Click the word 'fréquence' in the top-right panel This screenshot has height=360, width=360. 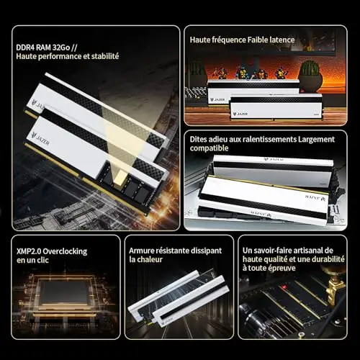click(229, 40)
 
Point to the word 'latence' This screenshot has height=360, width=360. click(282, 40)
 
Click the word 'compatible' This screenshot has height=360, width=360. click(209, 148)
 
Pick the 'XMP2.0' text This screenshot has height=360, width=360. click(29, 251)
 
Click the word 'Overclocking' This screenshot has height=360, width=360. click(65, 252)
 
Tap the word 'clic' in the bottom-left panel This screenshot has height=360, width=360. click(42, 260)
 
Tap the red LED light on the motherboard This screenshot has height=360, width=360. click(284, 287)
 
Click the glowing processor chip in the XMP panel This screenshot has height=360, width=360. click(65, 292)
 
